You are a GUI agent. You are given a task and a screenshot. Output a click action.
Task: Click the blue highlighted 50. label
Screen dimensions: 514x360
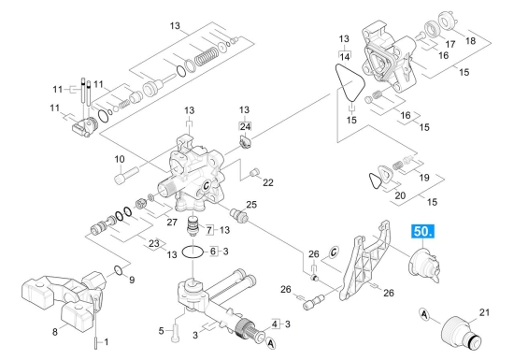pyautogui.click(x=422, y=232)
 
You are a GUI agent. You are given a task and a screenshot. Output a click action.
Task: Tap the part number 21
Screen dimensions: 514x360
pyautogui.click(x=484, y=312)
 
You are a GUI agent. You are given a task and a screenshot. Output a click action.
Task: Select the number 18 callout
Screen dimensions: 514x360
pyautogui.click(x=470, y=40)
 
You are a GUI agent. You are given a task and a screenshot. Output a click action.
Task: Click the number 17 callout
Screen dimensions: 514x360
pyautogui.click(x=450, y=44)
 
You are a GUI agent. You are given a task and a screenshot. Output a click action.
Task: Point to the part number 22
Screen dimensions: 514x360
pyautogui.click(x=268, y=182)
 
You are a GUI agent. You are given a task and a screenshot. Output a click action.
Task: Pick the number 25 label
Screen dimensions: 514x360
pyautogui.click(x=251, y=205)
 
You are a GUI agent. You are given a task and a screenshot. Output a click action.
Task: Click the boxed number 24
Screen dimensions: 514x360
pyautogui.click(x=245, y=126)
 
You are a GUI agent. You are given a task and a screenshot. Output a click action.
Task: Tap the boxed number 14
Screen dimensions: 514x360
pyautogui.click(x=345, y=57)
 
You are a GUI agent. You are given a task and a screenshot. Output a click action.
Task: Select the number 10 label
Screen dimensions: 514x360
pyautogui.click(x=120, y=159)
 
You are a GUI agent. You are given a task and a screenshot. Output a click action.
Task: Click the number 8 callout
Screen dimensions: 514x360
pyautogui.click(x=55, y=332)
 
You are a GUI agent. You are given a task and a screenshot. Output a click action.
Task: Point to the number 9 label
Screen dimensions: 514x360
pyautogui.click(x=132, y=280)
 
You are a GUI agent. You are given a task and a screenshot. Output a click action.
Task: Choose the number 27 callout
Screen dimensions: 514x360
pyautogui.click(x=172, y=222)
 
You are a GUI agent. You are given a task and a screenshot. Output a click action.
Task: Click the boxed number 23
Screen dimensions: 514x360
pyautogui.click(x=154, y=244)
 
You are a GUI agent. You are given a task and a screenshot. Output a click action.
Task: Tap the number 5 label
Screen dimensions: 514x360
pyautogui.click(x=161, y=331)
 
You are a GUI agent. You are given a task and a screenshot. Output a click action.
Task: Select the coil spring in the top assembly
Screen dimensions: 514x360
pyautogui.click(x=207, y=56)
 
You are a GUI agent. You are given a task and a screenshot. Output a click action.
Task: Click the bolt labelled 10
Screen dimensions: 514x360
pyautogui.click(x=126, y=176)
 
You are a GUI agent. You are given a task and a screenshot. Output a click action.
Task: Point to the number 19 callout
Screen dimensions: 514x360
pyautogui.click(x=424, y=178)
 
